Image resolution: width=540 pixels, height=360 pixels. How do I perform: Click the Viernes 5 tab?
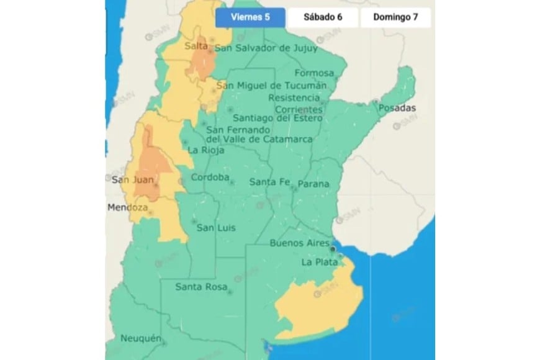(x=250, y=17)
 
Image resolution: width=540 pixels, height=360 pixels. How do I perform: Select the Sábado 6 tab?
(x=323, y=17)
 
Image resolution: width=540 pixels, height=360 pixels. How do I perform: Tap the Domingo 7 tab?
(x=395, y=17)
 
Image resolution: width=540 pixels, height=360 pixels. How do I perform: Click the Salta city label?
(x=196, y=46)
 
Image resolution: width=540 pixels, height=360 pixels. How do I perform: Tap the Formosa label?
(x=313, y=73)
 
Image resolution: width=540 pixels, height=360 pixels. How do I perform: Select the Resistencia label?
(x=294, y=98)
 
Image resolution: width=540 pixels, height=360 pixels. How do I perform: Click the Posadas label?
(x=398, y=108)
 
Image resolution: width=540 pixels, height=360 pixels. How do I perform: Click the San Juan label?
(x=129, y=180)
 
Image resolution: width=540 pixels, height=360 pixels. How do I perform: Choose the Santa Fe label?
(x=269, y=182)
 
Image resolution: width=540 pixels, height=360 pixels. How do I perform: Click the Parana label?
(x=313, y=184)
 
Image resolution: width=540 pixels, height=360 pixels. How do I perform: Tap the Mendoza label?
(x=127, y=207)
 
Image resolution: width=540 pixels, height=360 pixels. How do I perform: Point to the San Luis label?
(x=215, y=228)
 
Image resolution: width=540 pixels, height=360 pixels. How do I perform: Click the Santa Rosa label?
(x=199, y=287)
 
